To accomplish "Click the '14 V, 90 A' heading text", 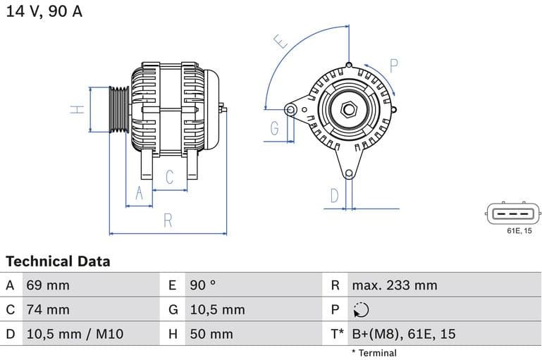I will click(x=44, y=12).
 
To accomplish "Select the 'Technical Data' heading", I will click(x=58, y=261).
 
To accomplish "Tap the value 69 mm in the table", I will click(x=48, y=285).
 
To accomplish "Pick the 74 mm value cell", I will click(x=48, y=309).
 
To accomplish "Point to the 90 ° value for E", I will click(x=203, y=285).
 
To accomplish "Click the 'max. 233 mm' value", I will click(x=395, y=285).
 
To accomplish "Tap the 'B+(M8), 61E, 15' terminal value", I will click(x=404, y=333).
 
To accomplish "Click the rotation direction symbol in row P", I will click(x=360, y=309).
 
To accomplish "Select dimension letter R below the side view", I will click(x=168, y=220).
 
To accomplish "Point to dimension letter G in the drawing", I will click(x=274, y=128).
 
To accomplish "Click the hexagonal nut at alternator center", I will click(x=347, y=109).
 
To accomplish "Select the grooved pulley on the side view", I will click(x=118, y=109).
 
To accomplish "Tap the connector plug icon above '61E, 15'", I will click(x=513, y=213).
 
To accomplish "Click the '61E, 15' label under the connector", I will click(x=519, y=230).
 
